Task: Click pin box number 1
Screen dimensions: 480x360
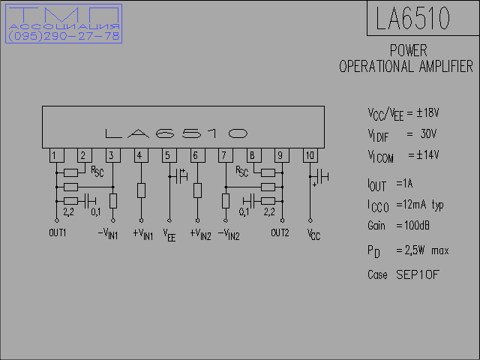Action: (x=57, y=155)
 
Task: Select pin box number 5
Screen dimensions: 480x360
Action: (x=169, y=155)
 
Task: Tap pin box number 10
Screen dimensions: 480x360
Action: (x=310, y=155)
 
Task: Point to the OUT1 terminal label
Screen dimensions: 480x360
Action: (x=58, y=233)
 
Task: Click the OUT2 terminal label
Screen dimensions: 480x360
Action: (x=280, y=233)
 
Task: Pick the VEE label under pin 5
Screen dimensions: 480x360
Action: (x=169, y=235)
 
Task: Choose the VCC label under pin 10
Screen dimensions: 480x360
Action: (x=313, y=235)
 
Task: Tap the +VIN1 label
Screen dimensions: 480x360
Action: (x=143, y=235)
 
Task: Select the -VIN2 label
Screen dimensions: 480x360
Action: (x=229, y=235)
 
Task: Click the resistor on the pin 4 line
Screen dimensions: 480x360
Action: (x=141, y=190)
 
